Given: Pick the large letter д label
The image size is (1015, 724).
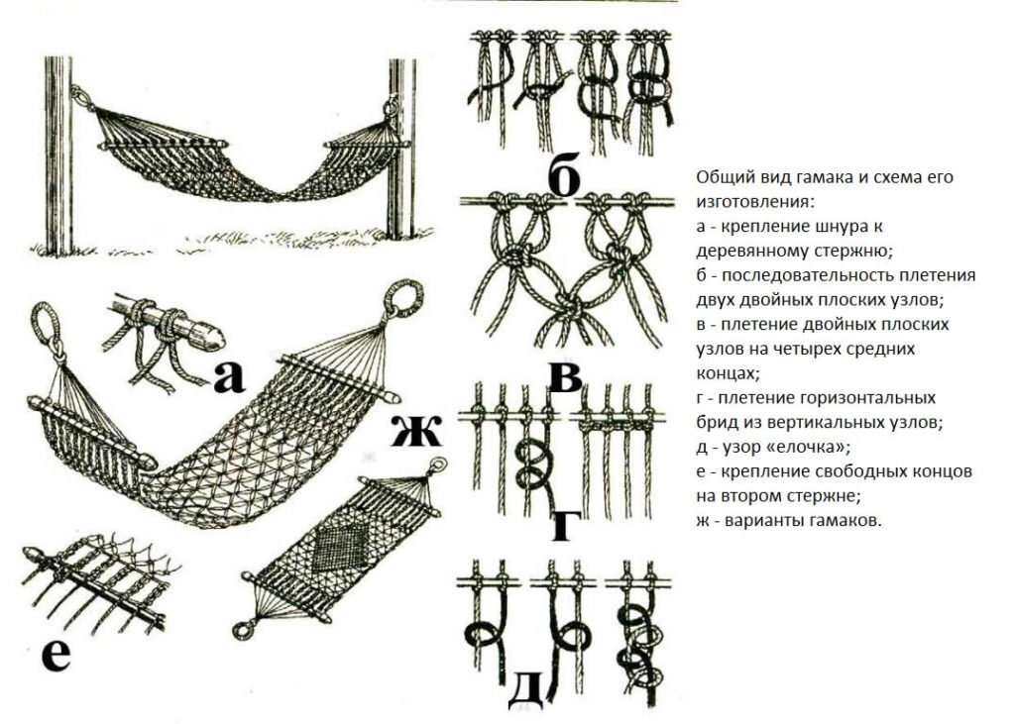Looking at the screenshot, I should tap(525, 692).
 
